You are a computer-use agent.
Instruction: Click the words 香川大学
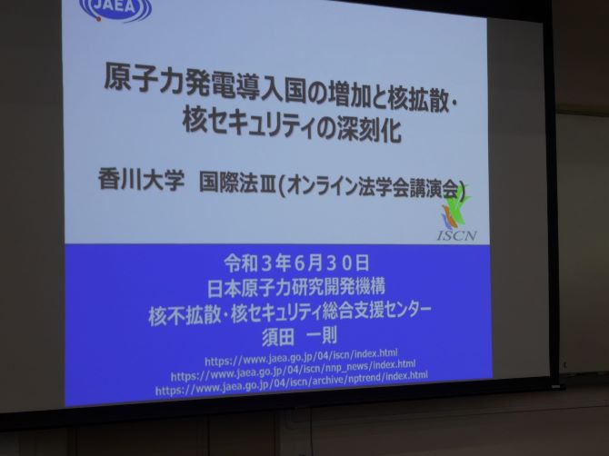pyautogui.click(x=141, y=180)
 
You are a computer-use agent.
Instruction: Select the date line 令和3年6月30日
pyautogui.click(x=296, y=264)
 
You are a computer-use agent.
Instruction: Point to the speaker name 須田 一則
pyautogui.click(x=299, y=336)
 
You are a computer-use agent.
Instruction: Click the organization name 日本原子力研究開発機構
pyautogui.click(x=296, y=288)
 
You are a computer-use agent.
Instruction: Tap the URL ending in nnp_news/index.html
pyautogui.click(x=294, y=371)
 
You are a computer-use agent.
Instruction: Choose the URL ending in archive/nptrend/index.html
pyautogui.click(x=291, y=382)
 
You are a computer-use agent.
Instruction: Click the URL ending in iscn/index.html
pyautogui.click(x=301, y=357)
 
